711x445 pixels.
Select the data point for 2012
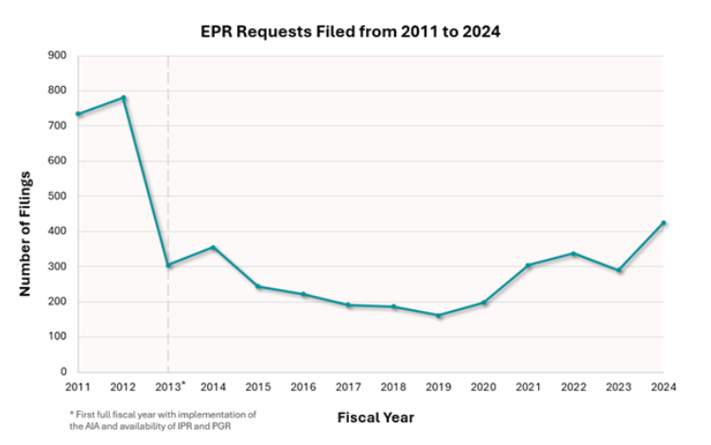pos(123,98)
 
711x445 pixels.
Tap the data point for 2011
pos(78,114)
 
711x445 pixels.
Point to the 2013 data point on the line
pos(168,265)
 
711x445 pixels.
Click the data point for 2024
pos(664,223)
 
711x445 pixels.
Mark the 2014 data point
pos(214,248)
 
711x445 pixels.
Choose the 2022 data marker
pos(574,253)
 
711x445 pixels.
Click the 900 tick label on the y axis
pos(58,57)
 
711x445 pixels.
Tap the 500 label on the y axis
pos(58,197)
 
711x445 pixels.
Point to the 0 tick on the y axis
pos(62,372)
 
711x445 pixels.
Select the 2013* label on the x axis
pos(170,386)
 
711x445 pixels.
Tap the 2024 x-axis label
pos(664,387)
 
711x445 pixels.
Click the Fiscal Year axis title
pos(375,417)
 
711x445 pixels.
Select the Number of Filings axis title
pos(26,234)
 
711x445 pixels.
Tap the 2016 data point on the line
pos(303,295)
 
